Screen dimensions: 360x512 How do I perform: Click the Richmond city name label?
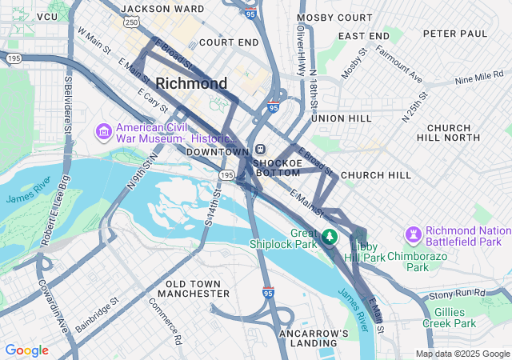pos(191,83)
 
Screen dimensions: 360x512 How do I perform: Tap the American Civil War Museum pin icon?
pos(103,130)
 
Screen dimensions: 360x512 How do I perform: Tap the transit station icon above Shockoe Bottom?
pos(261,150)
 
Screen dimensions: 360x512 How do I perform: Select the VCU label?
pos(47,16)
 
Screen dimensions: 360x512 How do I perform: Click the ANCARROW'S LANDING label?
pos(314,338)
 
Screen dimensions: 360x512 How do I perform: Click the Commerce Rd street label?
pos(166,321)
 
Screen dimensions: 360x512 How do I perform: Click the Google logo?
pos(26,350)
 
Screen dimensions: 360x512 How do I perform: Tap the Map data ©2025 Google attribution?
pos(462,354)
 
